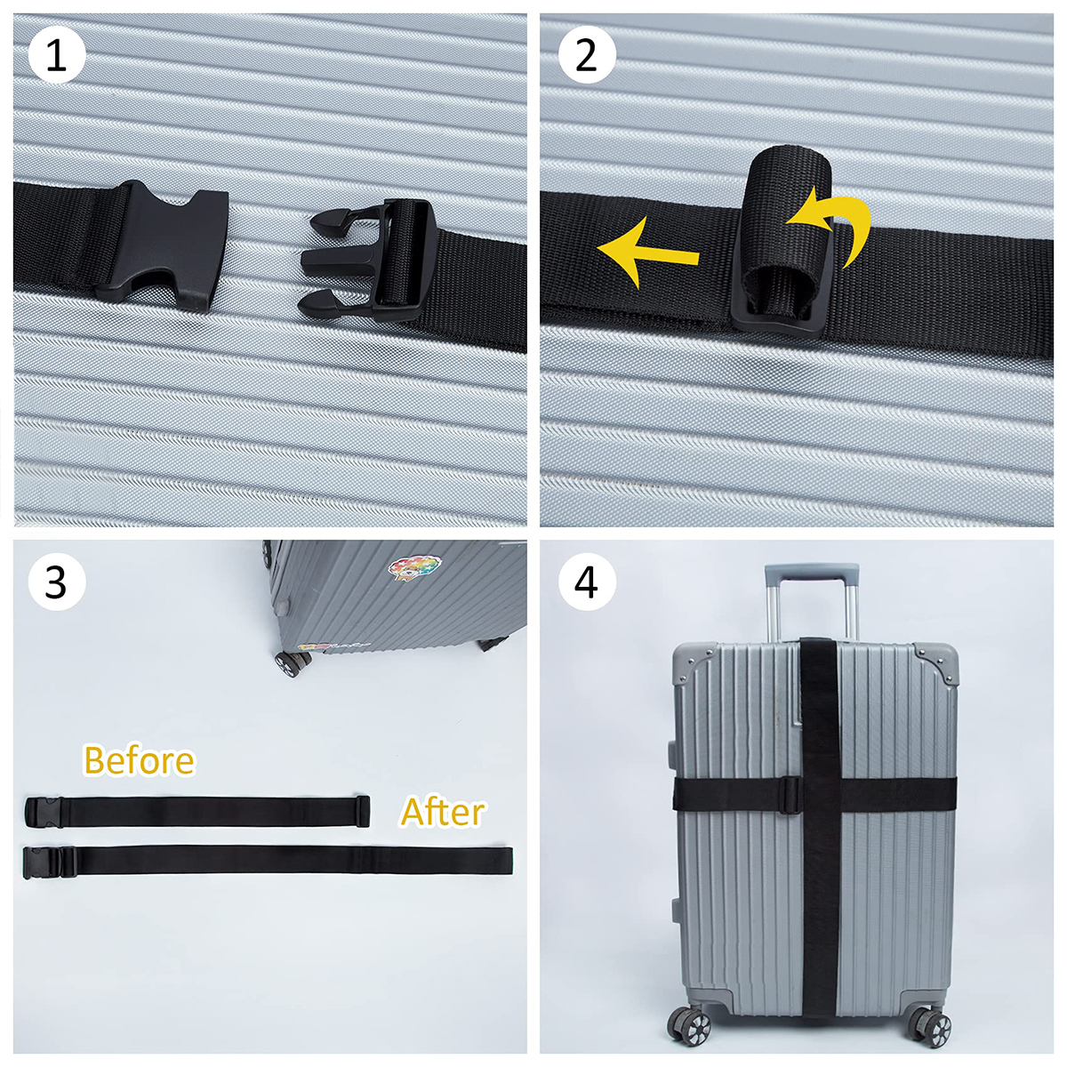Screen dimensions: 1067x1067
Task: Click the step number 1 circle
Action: pyautogui.click(x=56, y=55)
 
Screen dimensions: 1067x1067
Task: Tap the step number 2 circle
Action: pyautogui.click(x=586, y=55)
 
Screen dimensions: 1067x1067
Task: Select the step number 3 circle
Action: pyautogui.click(x=56, y=582)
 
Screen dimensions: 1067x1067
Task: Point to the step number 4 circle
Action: pyautogui.click(x=586, y=582)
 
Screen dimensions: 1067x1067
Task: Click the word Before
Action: pyautogui.click(x=139, y=761)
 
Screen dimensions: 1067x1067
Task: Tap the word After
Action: pyautogui.click(x=442, y=812)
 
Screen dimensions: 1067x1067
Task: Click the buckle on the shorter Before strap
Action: pyautogui.click(x=42, y=811)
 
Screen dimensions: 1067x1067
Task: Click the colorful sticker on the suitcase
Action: pyautogui.click(x=413, y=568)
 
